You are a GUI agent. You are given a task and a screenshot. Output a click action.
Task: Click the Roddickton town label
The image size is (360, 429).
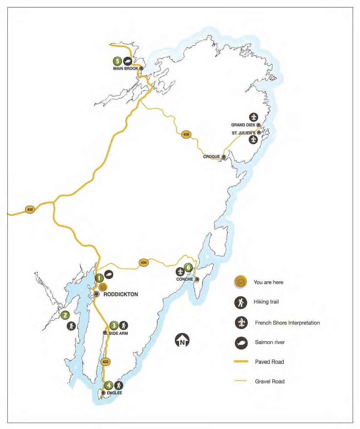tap(121, 294)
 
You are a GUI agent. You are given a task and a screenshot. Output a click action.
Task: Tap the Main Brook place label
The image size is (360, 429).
tap(125, 68)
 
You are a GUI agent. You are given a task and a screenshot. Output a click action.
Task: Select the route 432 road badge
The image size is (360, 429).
tap(30, 210)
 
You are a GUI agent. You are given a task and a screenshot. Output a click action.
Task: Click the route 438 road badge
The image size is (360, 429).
tap(186, 134)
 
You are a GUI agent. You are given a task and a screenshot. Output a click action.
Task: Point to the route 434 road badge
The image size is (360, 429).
tap(143, 263)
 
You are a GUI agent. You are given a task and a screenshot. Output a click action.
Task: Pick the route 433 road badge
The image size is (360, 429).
tap(105, 362)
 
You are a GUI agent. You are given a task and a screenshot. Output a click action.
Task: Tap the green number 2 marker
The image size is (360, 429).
tap(65, 315)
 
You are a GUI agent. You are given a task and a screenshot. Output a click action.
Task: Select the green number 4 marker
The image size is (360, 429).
tap(109, 385)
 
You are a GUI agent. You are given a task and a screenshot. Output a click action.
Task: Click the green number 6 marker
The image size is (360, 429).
tap(189, 267)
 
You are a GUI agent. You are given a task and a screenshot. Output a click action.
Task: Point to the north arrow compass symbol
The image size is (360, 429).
tap(182, 340)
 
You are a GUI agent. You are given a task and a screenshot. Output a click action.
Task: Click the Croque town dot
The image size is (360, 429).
tap(224, 157)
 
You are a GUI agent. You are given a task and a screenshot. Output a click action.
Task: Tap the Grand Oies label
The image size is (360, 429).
tap(243, 125)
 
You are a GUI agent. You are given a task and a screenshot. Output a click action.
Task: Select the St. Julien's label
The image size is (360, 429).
tap(244, 133)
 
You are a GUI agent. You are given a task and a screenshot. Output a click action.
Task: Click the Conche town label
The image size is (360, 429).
tap(185, 279)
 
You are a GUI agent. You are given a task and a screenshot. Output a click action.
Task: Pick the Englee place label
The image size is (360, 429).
tap(114, 393)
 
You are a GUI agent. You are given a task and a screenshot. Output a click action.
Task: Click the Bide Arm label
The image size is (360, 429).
tap(119, 333)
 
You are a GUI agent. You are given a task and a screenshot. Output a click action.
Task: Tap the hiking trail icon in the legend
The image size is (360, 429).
tap(241, 302)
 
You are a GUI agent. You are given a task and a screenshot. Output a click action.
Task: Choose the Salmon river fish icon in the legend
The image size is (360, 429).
tap(241, 343)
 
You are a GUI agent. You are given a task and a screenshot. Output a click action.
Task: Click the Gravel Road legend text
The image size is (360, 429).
tap(269, 382)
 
